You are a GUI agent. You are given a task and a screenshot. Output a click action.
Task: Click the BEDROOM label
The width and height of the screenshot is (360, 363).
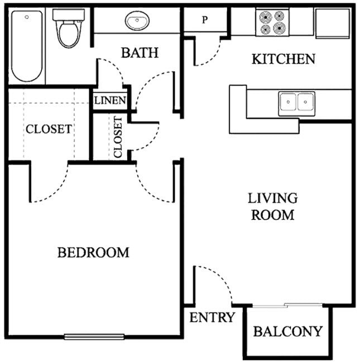click(93, 253)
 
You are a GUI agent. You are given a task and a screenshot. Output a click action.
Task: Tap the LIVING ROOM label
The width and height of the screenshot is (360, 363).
click(272, 206)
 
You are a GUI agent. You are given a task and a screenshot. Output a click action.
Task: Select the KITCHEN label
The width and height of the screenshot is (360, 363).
click(283, 59)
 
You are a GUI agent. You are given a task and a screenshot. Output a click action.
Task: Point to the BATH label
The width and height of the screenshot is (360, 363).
click(140, 53)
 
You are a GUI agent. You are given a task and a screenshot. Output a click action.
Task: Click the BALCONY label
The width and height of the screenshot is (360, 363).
click(287, 331)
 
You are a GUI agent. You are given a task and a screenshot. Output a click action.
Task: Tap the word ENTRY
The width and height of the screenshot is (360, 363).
click(212, 318)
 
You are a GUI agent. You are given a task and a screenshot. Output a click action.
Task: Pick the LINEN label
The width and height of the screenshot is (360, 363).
click(110, 101)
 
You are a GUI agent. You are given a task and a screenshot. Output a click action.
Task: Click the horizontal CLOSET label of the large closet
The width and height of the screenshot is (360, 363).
click(49, 129)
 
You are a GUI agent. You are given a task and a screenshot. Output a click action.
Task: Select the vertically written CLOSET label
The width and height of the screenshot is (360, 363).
click(118, 138)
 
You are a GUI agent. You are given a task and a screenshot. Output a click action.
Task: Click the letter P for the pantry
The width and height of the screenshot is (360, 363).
click(205, 20)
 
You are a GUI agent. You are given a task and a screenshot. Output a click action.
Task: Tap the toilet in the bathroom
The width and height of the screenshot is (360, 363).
click(68, 28)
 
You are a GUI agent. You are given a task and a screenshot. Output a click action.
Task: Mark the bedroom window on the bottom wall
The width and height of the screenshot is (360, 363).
click(92, 336)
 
